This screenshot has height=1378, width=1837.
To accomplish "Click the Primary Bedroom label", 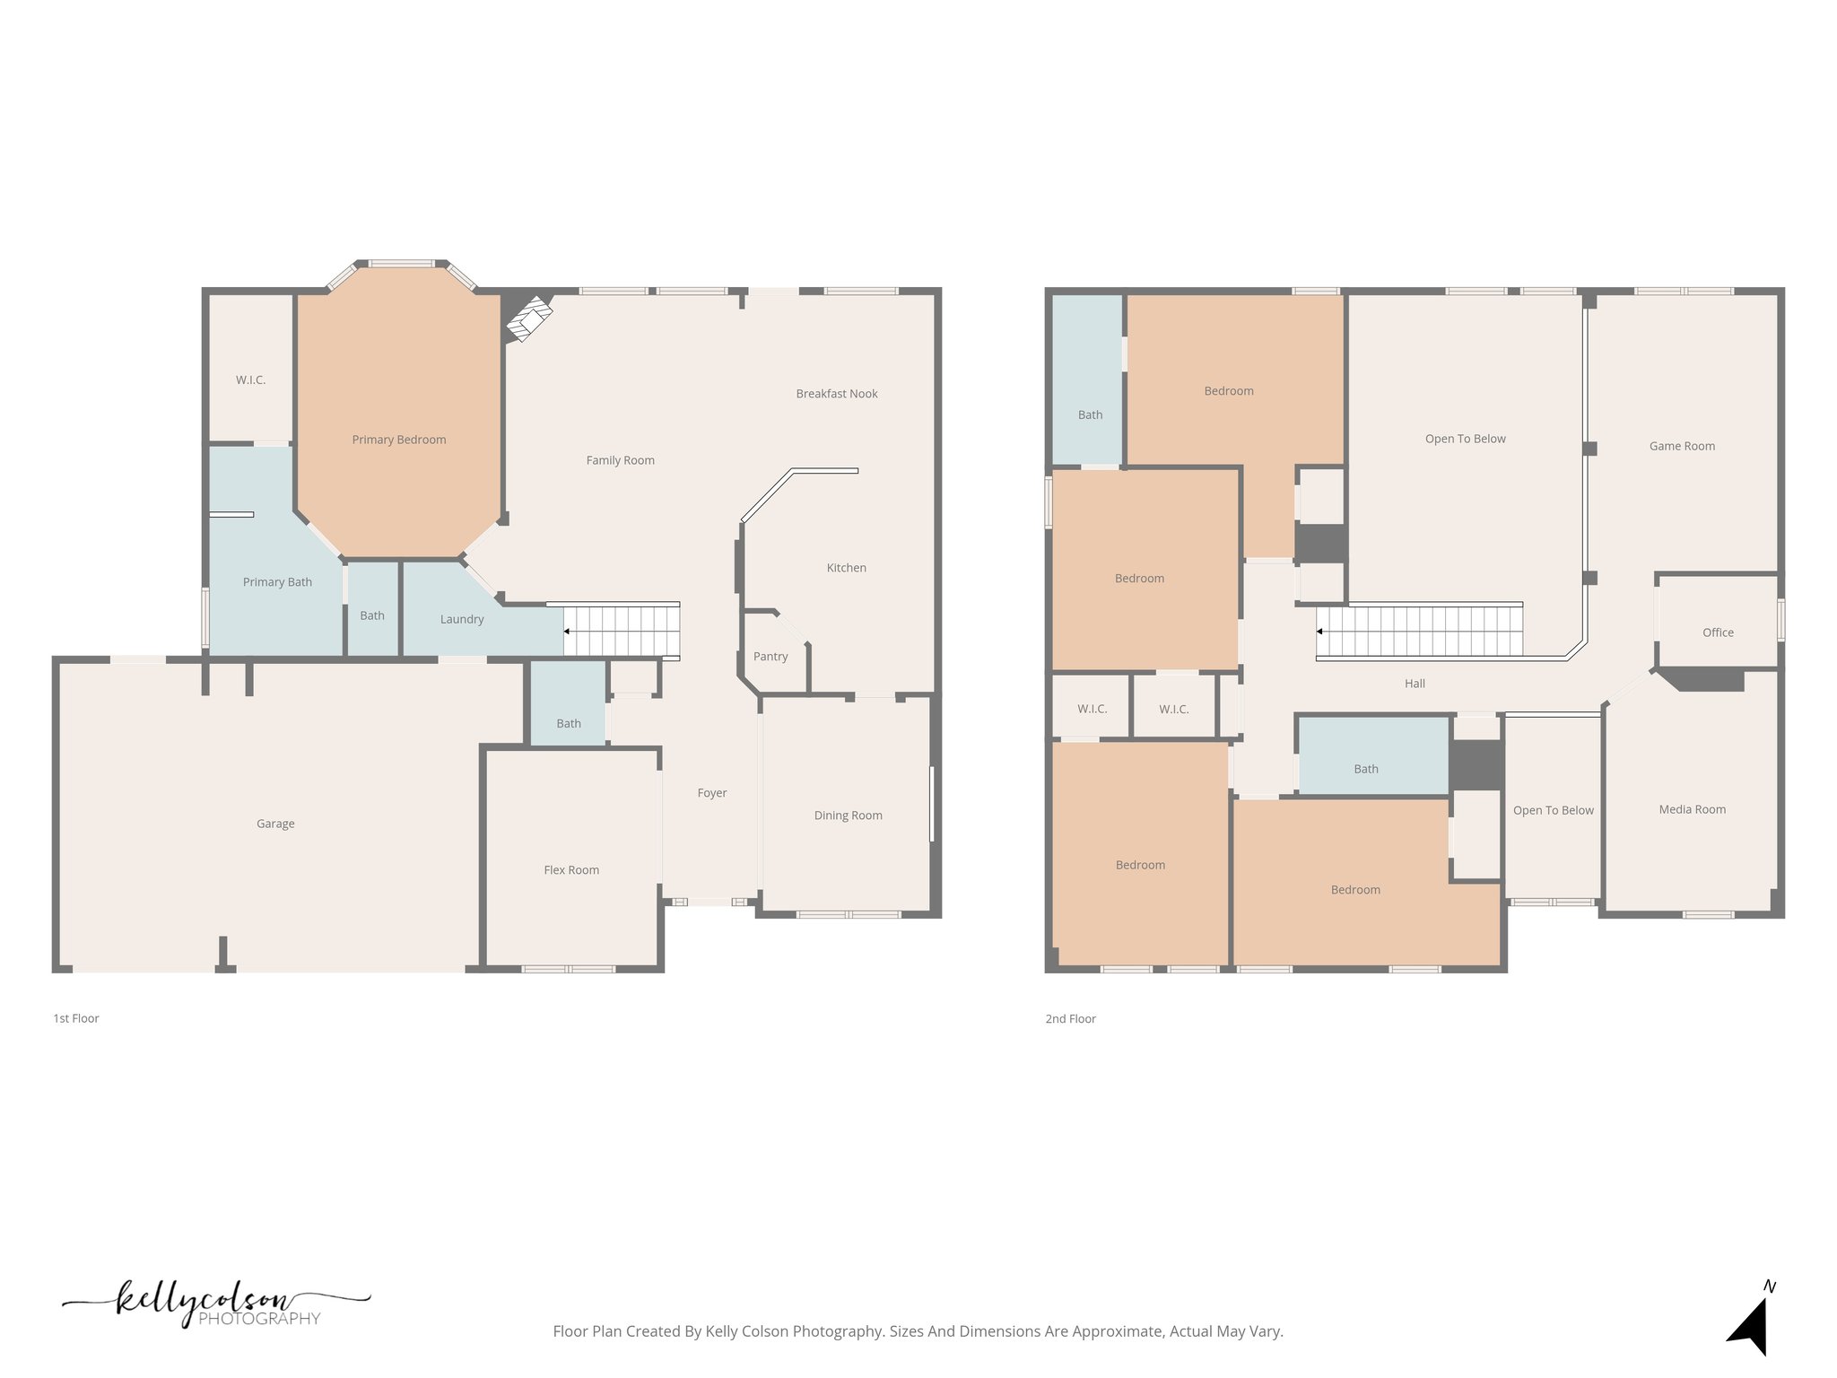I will tap(398, 440).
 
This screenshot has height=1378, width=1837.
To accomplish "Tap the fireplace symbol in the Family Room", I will tap(529, 318).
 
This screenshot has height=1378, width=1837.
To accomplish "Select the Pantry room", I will tap(770, 657).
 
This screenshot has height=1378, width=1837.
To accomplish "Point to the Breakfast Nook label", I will tap(836, 394).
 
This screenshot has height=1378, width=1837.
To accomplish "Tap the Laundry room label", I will tap(462, 619).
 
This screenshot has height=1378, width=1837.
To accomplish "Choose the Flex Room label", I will tap(570, 870).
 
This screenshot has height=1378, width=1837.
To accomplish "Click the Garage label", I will tap(275, 824).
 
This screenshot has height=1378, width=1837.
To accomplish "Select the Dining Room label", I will tap(848, 815).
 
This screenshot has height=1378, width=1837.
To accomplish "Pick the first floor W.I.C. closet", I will tap(250, 379).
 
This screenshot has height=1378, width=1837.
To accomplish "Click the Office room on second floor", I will tap(1718, 632).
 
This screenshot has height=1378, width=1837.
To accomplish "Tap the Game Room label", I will tap(1682, 446).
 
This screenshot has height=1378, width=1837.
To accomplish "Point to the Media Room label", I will tap(1692, 809).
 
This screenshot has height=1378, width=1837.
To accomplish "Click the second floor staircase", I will tap(1420, 632).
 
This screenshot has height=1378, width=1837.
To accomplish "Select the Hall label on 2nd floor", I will tap(1415, 684).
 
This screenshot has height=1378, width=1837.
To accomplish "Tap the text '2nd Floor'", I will tap(1070, 1019).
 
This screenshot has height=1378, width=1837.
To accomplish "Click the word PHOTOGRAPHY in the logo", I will tap(259, 1319).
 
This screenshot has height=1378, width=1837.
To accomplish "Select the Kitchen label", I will tap(846, 568).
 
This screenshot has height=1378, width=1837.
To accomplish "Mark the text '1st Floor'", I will tap(76, 1018).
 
